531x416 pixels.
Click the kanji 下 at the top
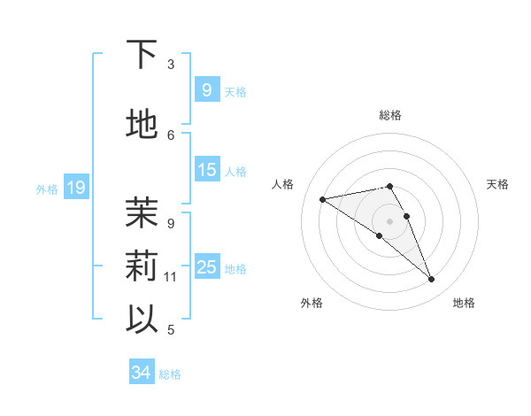point(142,56)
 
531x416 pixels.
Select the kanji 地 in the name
point(142,125)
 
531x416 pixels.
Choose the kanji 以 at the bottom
point(142,318)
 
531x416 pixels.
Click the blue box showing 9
point(206,89)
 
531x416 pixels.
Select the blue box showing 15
point(206,170)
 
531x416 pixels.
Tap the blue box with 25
point(206,267)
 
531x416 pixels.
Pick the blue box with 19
point(76,188)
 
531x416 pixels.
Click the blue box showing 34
point(141,374)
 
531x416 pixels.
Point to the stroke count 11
point(171,277)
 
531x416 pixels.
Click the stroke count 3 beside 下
point(171,65)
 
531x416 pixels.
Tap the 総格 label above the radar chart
point(390,115)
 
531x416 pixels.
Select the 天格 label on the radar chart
point(497,184)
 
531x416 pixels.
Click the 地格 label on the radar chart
point(464,303)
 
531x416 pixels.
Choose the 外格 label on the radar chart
point(312,303)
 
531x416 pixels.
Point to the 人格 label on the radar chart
point(283,184)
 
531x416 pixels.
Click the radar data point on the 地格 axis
point(432,280)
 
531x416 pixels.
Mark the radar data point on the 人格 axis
point(322,198)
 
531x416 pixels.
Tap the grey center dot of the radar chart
point(389,220)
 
